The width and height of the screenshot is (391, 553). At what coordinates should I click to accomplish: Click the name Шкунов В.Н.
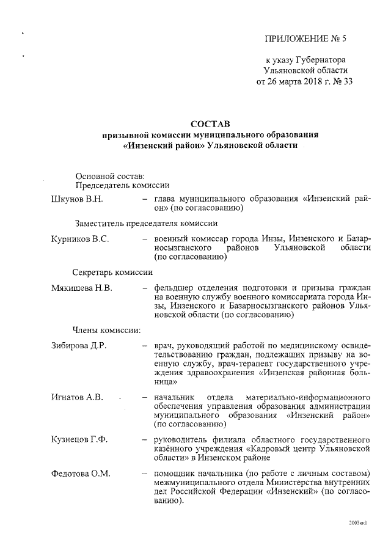coord(77,199)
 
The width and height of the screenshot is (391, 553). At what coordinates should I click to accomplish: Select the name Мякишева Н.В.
coord(82,288)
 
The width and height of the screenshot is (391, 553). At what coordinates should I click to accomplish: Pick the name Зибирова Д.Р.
coord(79,346)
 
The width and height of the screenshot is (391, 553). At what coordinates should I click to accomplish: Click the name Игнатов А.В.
coord(78,397)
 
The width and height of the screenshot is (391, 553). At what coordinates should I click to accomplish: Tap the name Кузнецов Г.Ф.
coord(79,439)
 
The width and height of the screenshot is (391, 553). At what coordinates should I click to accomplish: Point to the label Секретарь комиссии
coord(112,271)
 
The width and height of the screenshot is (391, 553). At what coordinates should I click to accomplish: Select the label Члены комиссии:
coord(108,330)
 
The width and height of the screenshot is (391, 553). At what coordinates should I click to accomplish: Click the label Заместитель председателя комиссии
coord(147,223)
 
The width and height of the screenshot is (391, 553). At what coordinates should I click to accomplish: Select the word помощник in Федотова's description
coord(177,474)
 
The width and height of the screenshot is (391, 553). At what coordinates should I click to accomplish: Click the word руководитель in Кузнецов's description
coord(182,439)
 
